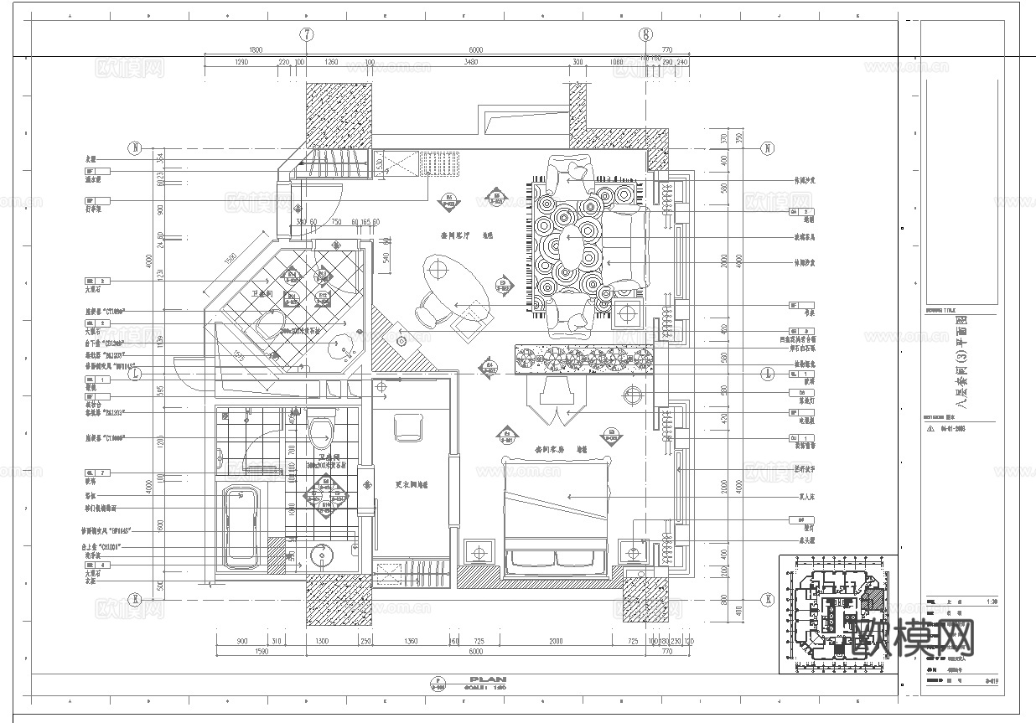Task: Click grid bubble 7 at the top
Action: (x=307, y=34)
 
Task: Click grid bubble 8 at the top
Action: (x=645, y=34)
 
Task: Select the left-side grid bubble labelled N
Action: (x=133, y=148)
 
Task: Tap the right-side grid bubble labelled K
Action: (x=766, y=599)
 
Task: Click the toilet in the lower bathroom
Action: (x=320, y=433)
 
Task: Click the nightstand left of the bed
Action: (x=479, y=554)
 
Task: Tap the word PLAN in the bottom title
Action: (x=489, y=679)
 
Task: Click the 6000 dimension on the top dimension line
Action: (x=476, y=50)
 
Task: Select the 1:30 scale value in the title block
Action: (x=992, y=602)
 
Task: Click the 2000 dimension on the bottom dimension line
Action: (x=555, y=641)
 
